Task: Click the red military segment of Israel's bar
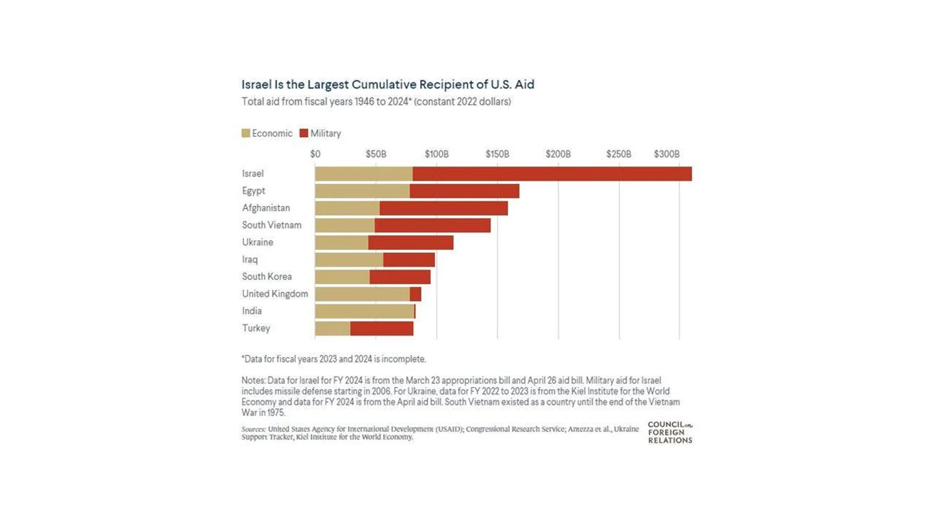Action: click(x=552, y=174)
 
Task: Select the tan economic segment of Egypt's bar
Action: click(x=362, y=191)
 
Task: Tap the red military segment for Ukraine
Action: click(x=410, y=243)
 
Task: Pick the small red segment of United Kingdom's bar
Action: click(x=415, y=294)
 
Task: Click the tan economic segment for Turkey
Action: click(x=333, y=328)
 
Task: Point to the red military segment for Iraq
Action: click(x=408, y=259)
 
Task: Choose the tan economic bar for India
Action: click(x=364, y=312)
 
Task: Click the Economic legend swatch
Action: click(x=246, y=133)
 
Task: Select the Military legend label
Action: click(x=325, y=133)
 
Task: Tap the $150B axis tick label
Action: click(x=497, y=154)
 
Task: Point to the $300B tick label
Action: click(x=666, y=154)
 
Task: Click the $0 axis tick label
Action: click(x=316, y=154)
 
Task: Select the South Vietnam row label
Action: click(x=272, y=225)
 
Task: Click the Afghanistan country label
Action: click(x=266, y=208)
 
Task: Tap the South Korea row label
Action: click(x=267, y=276)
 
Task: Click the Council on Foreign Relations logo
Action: click(x=670, y=432)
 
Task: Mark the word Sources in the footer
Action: click(x=254, y=429)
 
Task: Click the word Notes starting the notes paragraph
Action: click(x=253, y=380)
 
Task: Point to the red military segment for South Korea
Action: click(x=400, y=277)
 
